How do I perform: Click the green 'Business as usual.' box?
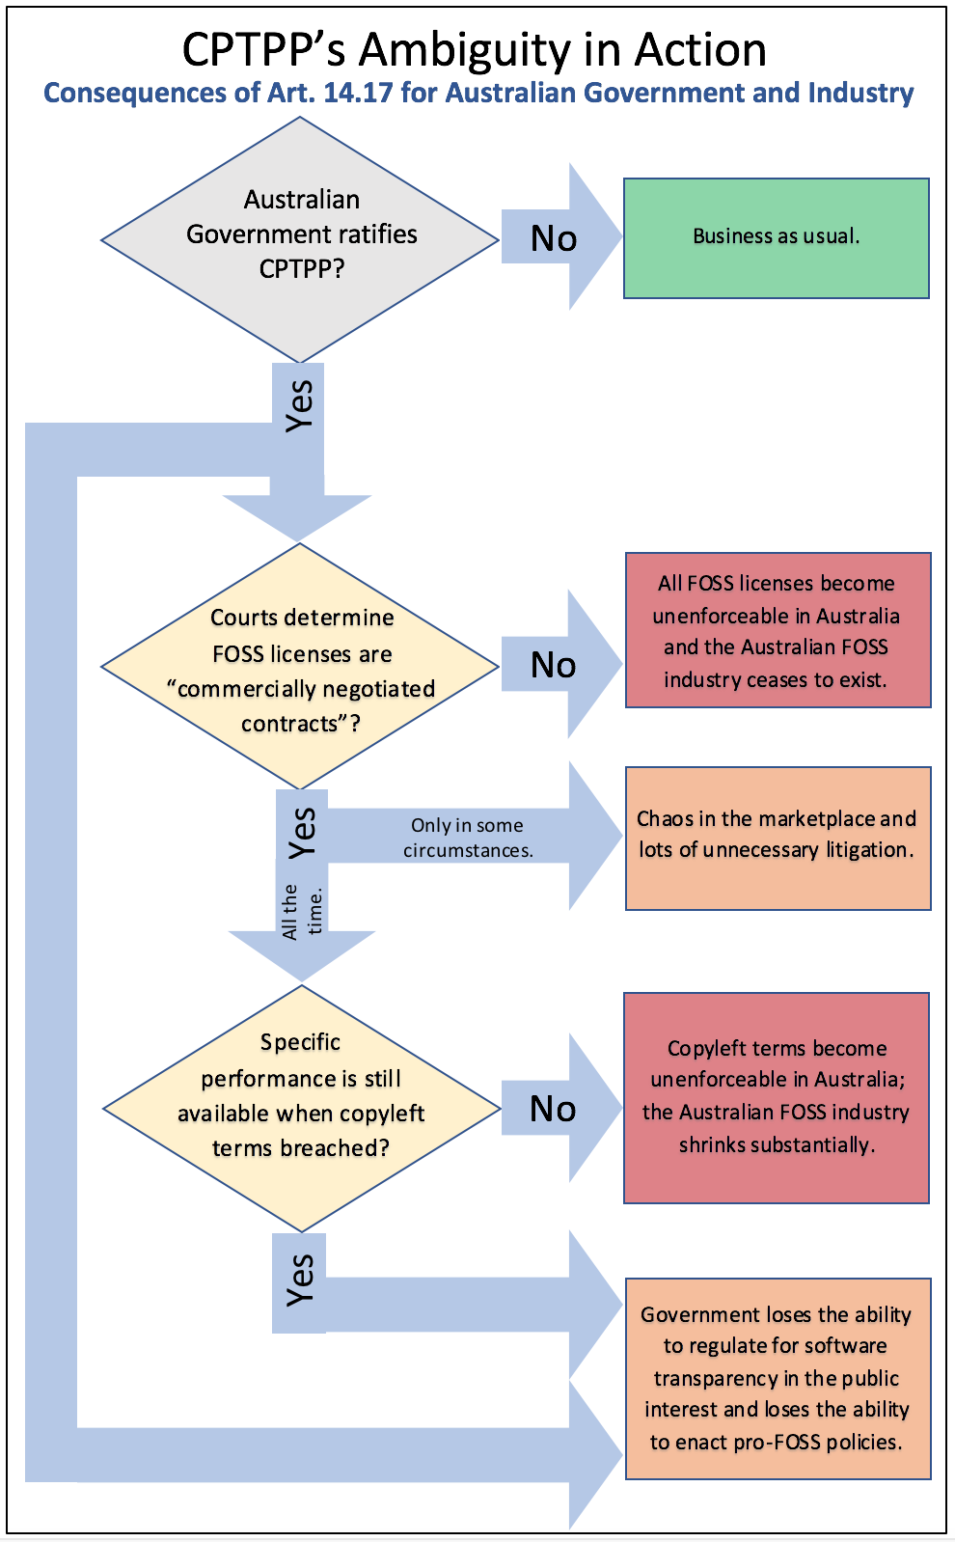(776, 237)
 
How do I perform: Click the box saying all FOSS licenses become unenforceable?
(778, 630)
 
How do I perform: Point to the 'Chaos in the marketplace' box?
(778, 837)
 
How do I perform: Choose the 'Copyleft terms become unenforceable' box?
(777, 1097)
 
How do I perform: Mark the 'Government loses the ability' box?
(778, 1378)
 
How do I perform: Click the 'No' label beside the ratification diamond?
(554, 238)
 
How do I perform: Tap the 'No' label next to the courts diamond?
(554, 665)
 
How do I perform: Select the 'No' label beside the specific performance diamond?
(554, 1109)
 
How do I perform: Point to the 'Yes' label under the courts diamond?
(302, 832)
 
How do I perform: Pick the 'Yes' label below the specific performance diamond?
(300, 1280)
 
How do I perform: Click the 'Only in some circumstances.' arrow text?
(468, 838)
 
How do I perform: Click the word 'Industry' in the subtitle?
(860, 93)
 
